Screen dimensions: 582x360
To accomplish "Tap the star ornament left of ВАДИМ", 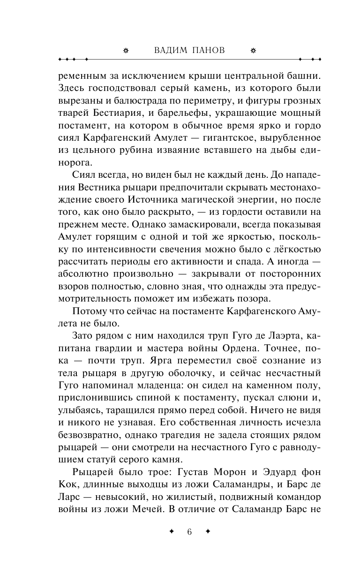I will pos(125,51).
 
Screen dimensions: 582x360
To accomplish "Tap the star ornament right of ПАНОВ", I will pos(254,51).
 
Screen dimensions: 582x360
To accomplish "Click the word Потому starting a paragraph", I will pos(90,311).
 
